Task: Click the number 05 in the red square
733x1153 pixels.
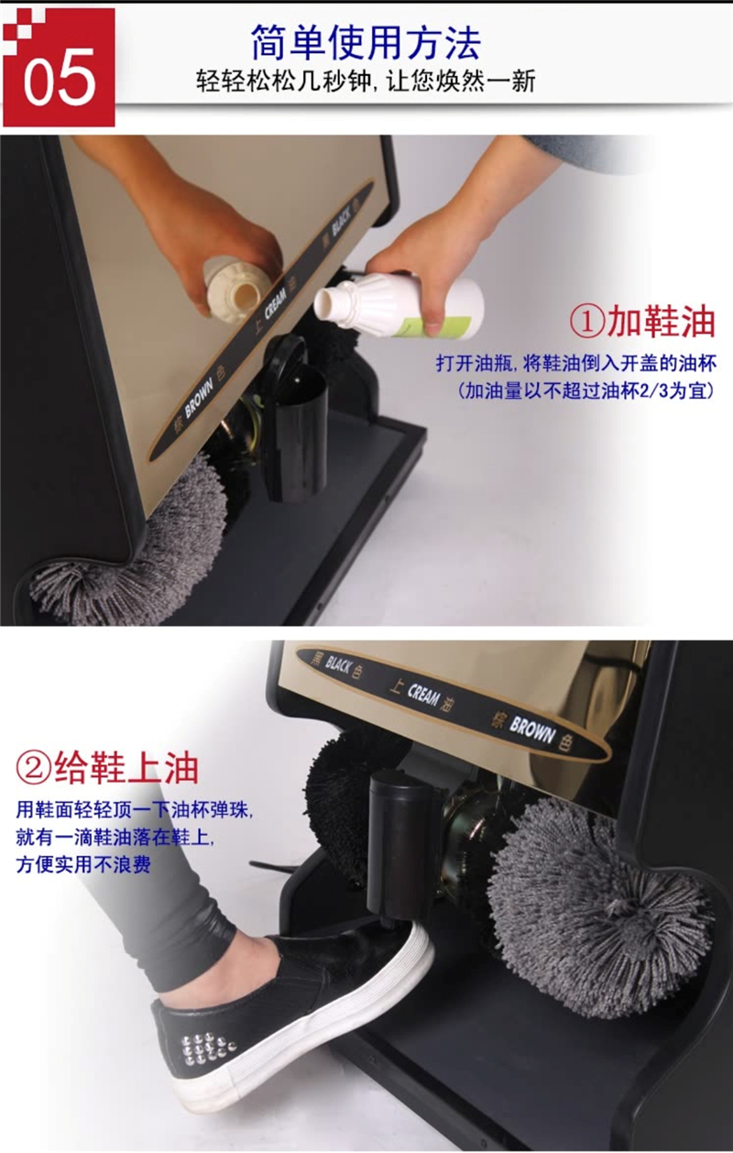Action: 60,77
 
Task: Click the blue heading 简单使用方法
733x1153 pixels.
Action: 366,43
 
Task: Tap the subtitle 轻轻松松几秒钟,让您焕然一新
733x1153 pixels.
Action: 366,82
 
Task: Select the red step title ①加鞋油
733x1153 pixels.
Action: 643,322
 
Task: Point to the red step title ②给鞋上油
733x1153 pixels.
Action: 107,767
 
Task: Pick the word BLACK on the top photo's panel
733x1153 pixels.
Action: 342,220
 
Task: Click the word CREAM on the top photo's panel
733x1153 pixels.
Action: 276,302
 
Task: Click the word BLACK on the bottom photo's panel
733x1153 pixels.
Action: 338,666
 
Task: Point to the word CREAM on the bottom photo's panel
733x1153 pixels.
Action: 423,695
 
